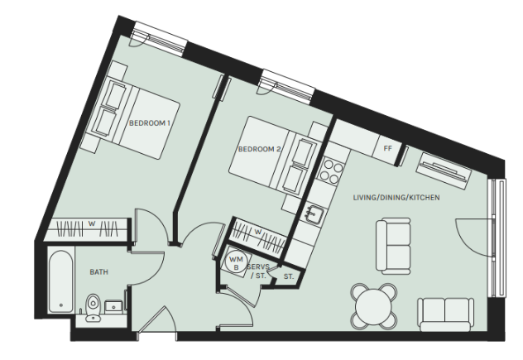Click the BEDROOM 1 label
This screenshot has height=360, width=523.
click(150, 123)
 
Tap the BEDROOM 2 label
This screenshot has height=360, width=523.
click(259, 149)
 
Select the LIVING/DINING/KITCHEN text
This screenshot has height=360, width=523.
click(396, 198)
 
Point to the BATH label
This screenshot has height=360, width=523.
click(99, 272)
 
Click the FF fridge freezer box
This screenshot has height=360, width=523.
click(387, 148)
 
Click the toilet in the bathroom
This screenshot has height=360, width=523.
click(93, 308)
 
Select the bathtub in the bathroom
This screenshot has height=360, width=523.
click(60, 281)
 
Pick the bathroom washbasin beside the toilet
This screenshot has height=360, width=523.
click(114, 307)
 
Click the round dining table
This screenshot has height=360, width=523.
click(373, 306)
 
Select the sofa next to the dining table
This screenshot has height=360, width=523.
click(445, 314)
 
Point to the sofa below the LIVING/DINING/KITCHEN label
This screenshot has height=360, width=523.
click(393, 246)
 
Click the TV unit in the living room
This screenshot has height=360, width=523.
click(444, 171)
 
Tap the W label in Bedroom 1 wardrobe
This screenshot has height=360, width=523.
click(92, 223)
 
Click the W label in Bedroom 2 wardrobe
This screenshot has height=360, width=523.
click(258, 231)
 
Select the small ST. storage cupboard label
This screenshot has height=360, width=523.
click(289, 276)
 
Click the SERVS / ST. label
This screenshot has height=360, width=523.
click(258, 271)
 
